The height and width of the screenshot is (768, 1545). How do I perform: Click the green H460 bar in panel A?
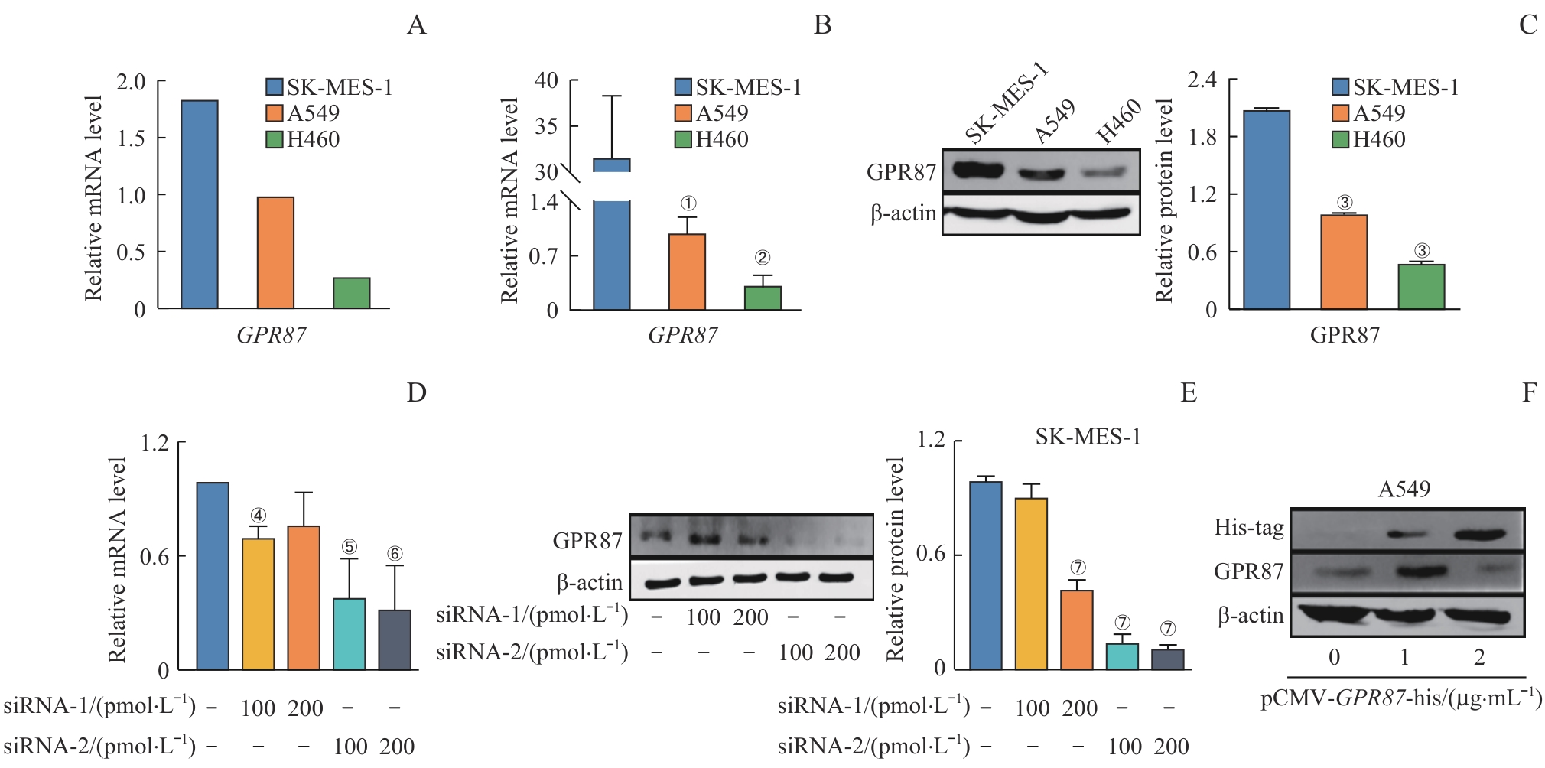click(352, 293)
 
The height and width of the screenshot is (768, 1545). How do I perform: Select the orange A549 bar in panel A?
click(275, 252)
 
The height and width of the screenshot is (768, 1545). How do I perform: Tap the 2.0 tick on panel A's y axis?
click(131, 82)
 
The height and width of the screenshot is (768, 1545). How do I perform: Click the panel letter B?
click(822, 25)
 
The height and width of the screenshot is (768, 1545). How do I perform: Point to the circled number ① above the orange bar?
click(688, 203)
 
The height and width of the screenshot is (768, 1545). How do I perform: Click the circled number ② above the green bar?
click(762, 258)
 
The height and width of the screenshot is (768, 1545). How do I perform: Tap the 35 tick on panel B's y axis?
click(546, 125)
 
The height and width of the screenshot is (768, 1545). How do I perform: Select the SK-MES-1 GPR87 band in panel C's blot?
click(978, 169)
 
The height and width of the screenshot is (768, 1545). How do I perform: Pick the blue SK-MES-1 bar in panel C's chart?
click(1267, 210)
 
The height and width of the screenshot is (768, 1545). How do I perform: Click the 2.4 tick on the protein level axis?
click(1202, 80)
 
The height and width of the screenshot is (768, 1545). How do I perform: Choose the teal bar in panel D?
click(350, 634)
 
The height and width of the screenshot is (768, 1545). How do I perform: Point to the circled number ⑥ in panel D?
click(395, 553)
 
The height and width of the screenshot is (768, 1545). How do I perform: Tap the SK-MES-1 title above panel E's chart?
click(1088, 437)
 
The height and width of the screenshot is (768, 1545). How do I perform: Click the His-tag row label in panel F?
click(1249, 527)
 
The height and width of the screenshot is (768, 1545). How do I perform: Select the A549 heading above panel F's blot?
click(1404, 489)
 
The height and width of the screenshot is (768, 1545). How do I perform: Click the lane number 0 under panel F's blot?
click(1334, 657)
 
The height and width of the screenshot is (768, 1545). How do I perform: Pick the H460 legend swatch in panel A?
click(275, 139)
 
